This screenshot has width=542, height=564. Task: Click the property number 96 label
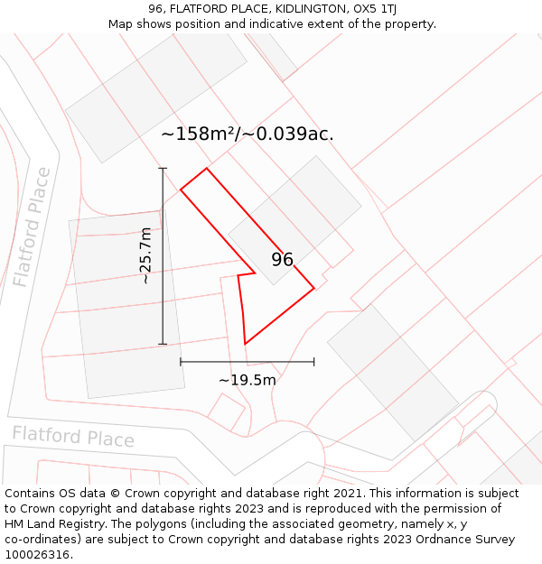282,260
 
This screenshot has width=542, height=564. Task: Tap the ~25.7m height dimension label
145,255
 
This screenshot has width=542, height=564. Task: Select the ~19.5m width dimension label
248,380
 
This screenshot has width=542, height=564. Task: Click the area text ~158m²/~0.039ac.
248,134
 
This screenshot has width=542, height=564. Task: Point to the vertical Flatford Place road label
32,227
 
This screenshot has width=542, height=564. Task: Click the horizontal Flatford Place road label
73,437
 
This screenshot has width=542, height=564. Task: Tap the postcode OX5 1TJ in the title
376,9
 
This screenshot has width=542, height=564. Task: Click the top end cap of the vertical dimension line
163,169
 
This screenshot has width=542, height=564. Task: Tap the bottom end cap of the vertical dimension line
163,344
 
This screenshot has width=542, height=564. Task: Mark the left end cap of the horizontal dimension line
181,362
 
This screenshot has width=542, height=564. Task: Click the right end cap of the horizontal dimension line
314,362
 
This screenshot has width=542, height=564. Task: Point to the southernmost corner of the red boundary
245,344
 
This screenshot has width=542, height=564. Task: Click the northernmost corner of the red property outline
207,168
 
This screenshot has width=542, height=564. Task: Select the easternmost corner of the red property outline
314,288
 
